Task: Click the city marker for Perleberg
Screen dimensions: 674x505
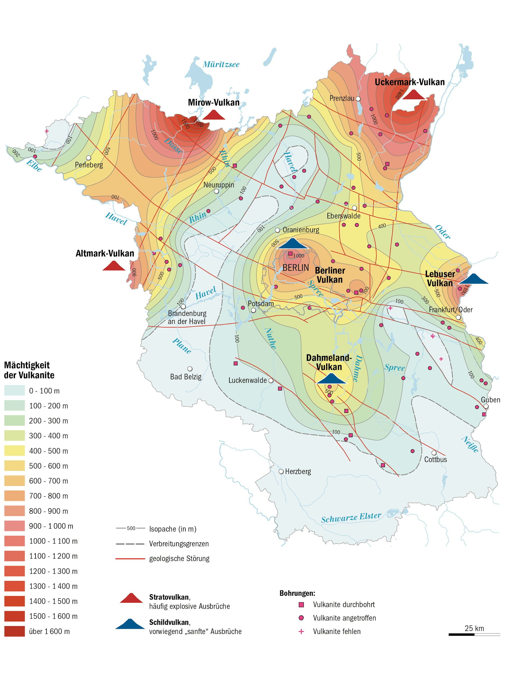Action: click(89, 158)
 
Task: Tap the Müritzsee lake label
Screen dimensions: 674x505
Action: click(221, 64)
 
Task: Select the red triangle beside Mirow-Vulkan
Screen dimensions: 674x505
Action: click(214, 115)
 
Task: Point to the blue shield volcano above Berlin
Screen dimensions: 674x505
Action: click(293, 244)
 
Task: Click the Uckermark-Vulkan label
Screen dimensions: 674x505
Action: click(409, 82)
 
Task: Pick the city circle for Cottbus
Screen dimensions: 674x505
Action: click(434, 453)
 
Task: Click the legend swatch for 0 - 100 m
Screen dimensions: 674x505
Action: click(14, 391)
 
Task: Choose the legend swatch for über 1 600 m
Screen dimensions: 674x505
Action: click(14, 631)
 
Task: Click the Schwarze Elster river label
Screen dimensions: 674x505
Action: click(351, 517)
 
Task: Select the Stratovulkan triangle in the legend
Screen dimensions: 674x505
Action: click(131, 598)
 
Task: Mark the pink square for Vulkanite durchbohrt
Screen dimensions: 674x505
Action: click(301, 605)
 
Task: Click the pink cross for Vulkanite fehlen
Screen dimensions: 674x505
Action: click(301, 631)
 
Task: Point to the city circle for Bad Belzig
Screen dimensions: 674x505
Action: click(190, 369)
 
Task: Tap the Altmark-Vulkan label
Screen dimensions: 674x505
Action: click(105, 253)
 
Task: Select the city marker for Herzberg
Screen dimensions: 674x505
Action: click(281, 471)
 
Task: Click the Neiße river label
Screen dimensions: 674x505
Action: click(470, 444)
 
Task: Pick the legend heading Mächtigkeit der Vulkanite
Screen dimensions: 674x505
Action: click(29, 370)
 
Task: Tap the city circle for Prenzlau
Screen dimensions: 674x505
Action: click(358, 99)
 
